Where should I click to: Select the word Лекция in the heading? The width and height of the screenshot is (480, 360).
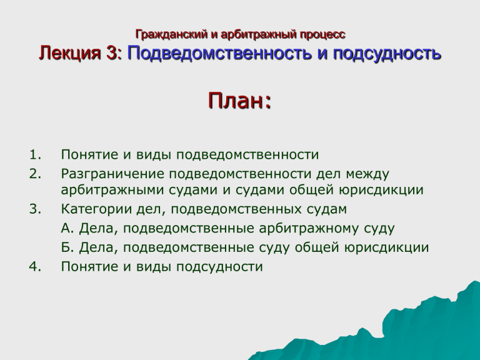[69, 53]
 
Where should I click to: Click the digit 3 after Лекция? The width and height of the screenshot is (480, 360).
[111, 52]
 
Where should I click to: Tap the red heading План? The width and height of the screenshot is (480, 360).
[240, 101]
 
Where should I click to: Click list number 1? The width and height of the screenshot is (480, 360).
[35, 154]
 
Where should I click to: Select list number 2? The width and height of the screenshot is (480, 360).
[35, 174]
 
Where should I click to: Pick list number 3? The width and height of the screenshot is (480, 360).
[35, 209]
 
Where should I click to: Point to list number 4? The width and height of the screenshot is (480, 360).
[35, 267]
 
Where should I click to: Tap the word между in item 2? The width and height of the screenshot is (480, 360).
[367, 174]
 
